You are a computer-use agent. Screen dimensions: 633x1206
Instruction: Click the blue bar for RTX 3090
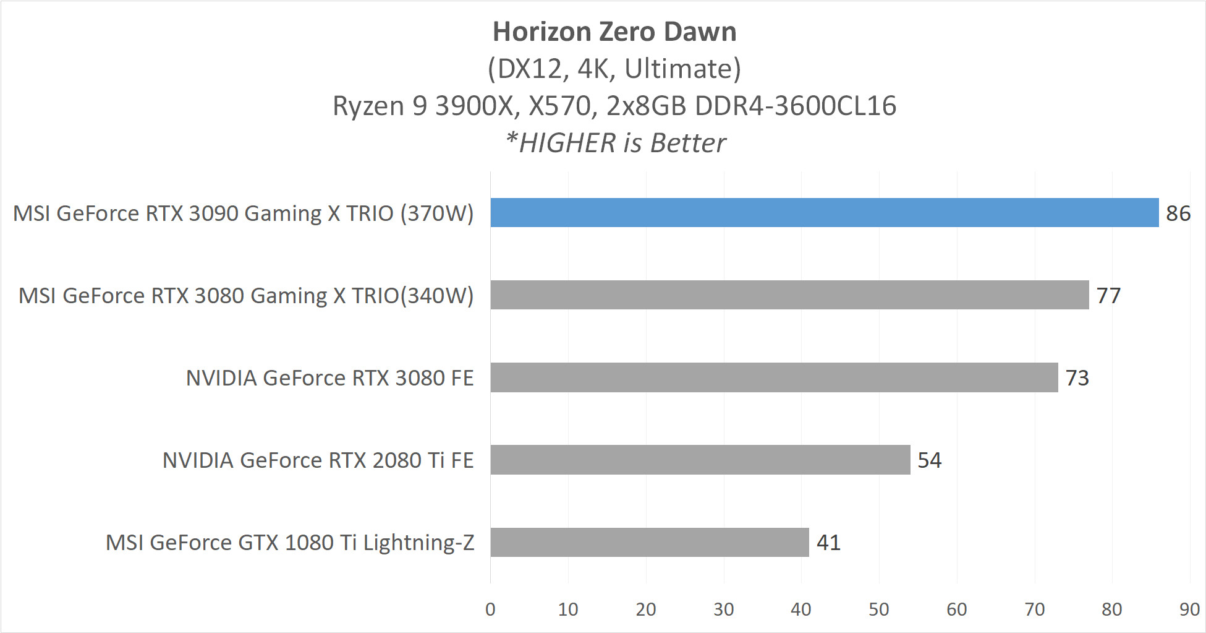point(824,213)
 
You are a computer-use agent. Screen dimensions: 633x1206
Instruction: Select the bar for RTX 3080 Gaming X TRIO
point(789,295)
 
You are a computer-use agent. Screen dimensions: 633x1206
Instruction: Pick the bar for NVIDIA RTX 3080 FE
point(774,377)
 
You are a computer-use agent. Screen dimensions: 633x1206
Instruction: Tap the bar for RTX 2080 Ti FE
point(700,460)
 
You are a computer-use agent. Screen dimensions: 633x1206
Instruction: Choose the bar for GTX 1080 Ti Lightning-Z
point(649,542)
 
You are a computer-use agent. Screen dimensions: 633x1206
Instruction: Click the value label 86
point(1178,213)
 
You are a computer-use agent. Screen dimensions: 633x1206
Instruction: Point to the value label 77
point(1108,296)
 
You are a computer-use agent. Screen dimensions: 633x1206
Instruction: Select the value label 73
point(1077,378)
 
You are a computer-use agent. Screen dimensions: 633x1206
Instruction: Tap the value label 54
point(929,460)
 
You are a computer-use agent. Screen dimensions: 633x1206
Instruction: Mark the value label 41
point(828,543)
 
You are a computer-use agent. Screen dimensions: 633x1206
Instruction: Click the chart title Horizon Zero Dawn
point(614,32)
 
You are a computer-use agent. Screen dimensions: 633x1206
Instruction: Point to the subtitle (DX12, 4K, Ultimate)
point(614,69)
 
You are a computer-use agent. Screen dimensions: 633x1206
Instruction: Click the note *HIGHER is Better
point(616,143)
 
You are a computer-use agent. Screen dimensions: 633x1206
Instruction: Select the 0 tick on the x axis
point(490,609)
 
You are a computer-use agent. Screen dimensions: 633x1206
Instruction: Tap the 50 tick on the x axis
point(879,609)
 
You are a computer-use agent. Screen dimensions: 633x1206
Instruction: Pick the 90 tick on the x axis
point(1189,609)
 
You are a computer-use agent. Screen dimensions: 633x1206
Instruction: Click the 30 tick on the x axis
point(723,609)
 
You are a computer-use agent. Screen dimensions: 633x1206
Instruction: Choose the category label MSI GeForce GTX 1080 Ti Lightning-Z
point(290,543)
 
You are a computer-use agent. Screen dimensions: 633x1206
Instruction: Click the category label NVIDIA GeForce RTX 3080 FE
point(329,378)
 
